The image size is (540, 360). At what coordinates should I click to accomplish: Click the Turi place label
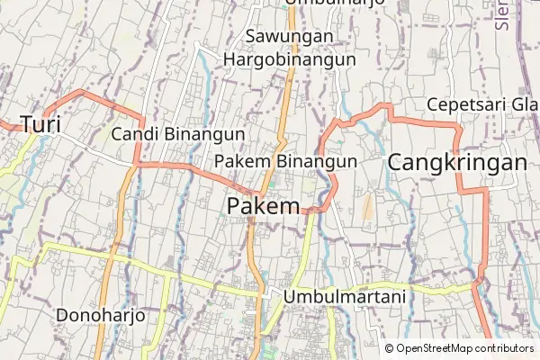click(x=40, y=124)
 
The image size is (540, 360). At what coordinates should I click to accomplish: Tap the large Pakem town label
click(x=263, y=206)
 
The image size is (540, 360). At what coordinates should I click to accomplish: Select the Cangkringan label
click(x=457, y=163)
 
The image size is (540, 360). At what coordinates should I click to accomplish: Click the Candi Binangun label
click(x=178, y=133)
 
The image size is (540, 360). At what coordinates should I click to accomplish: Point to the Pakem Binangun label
click(x=286, y=160)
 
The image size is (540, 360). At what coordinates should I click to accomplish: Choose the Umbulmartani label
click(x=345, y=295)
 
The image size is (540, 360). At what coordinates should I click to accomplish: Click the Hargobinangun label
click(x=290, y=59)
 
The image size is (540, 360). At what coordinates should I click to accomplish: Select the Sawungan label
click(x=290, y=37)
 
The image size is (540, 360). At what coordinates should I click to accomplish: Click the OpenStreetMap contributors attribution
click(x=464, y=348)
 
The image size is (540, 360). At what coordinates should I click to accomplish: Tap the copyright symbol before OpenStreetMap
click(x=390, y=348)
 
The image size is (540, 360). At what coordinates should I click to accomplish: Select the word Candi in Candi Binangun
click(x=135, y=133)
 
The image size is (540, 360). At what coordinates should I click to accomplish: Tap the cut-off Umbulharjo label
click(x=334, y=3)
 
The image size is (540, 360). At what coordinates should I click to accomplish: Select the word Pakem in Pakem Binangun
click(x=243, y=160)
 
